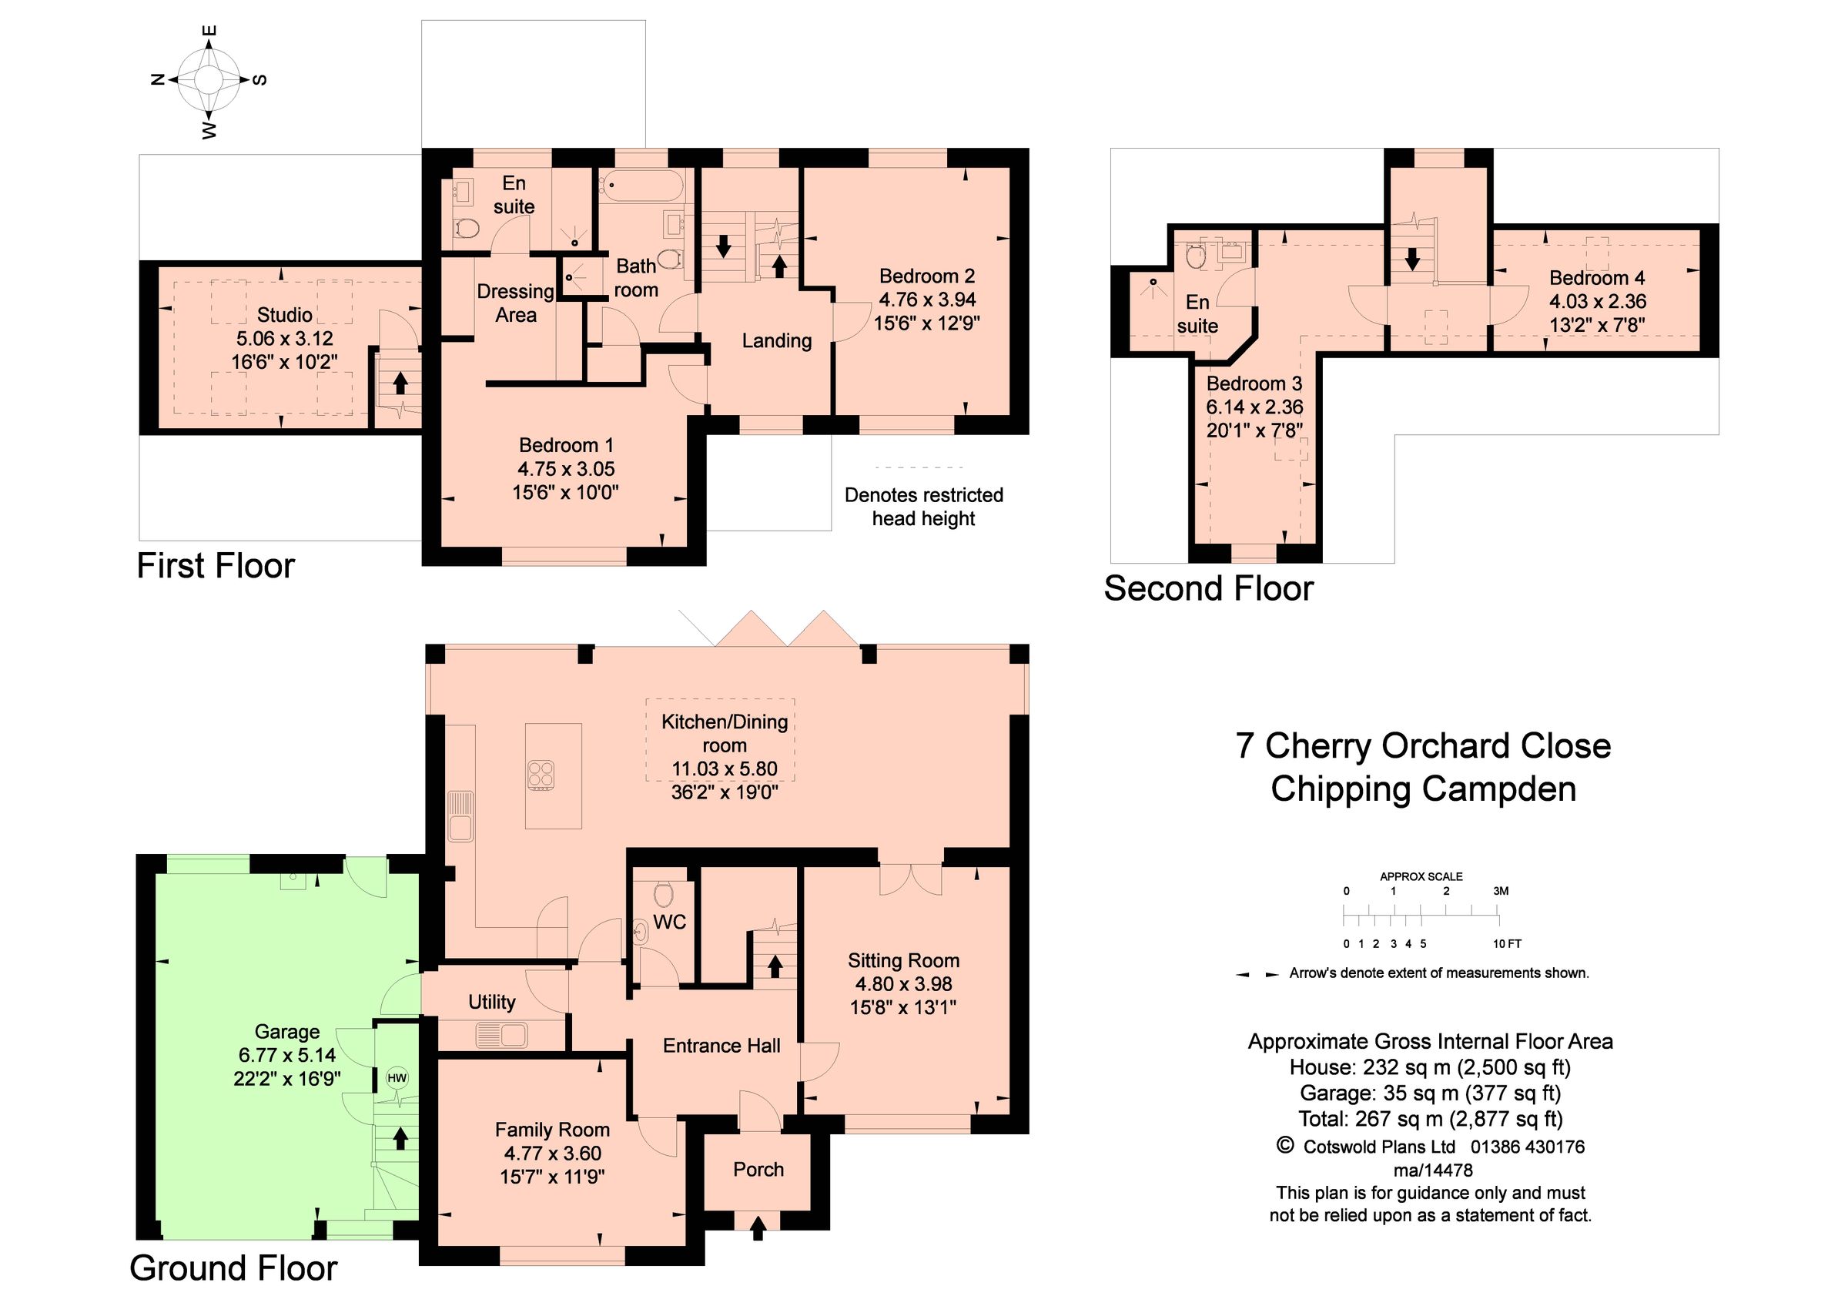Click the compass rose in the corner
coord(209,79)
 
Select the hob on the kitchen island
coord(541,774)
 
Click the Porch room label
coord(758,1169)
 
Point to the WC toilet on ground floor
coord(663,893)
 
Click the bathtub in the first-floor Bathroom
coord(641,186)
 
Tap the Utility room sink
coord(500,1034)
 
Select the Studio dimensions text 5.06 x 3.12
coord(285,339)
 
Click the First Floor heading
coord(216,566)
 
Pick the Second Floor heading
coord(1208,588)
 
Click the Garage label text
coord(286,1032)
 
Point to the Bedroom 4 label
coord(1597,279)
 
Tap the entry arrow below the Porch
coord(758,1228)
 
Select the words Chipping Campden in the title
coord(1423,789)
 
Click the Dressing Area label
coord(515,303)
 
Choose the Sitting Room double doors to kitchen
coord(910,880)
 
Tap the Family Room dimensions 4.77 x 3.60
coord(552,1153)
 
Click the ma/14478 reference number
coord(1432,1170)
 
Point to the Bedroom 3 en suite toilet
coord(1195,256)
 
